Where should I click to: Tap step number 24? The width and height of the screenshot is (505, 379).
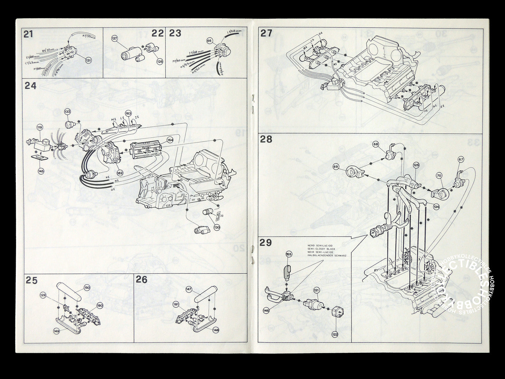[x=30, y=86]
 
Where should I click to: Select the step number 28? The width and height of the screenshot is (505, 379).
[x=266, y=139]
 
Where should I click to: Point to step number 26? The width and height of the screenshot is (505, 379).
[x=142, y=280]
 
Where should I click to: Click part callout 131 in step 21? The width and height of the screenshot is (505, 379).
[x=88, y=60]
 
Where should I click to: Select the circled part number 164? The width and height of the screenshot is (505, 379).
[x=170, y=140]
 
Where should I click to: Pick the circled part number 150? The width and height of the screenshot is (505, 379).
[x=87, y=288]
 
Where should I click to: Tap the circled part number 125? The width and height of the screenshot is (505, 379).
[x=416, y=165]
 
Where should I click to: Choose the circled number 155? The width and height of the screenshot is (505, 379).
[x=288, y=254]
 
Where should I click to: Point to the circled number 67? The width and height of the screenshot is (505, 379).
[x=461, y=159]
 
